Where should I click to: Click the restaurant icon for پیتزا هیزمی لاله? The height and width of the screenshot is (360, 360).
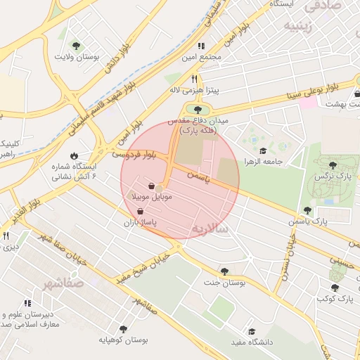point(194,79)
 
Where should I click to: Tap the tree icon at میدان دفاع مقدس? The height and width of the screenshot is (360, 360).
point(198,109)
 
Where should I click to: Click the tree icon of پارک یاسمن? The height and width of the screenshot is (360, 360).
point(307,210)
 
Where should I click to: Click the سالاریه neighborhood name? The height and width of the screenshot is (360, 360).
point(212,229)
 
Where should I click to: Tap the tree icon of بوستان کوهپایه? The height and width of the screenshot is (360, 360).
point(124,328)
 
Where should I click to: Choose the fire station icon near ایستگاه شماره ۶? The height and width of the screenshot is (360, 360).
point(75,155)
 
